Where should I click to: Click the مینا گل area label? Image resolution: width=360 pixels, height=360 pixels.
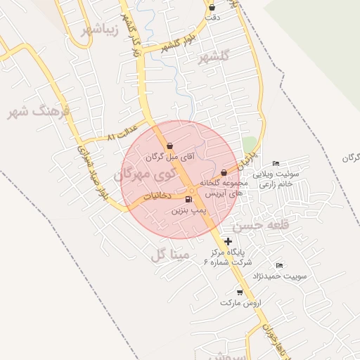pyautogui.click(x=170, y=254)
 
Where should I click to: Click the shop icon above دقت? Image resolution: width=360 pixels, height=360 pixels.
pyautogui.click(x=212, y=8)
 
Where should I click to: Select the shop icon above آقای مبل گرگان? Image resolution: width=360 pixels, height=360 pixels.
pyautogui.click(x=171, y=146)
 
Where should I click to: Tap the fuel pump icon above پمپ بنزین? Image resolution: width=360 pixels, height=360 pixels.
pyautogui.click(x=188, y=200)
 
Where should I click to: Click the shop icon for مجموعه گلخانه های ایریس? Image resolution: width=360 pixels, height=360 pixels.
pyautogui.click(x=224, y=172)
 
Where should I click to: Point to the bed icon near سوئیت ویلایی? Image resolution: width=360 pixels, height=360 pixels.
pyautogui.click(x=275, y=164)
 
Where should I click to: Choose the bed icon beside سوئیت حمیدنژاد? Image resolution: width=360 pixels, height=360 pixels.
pyautogui.click(x=279, y=266)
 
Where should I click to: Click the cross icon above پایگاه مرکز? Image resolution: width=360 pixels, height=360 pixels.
pyautogui.click(x=228, y=241)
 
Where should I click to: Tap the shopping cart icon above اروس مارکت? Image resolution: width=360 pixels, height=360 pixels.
pyautogui.click(x=240, y=292)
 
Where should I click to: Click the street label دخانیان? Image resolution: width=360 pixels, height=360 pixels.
pyautogui.click(x=157, y=196)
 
